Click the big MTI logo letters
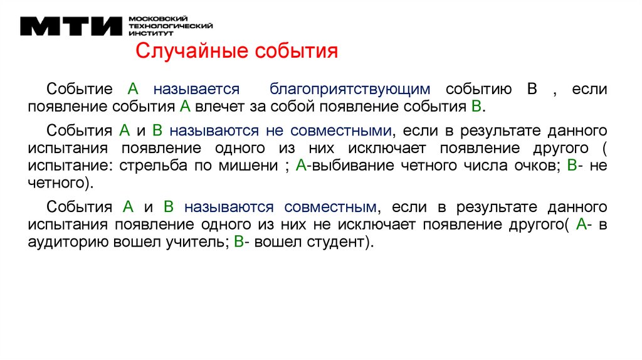click(71, 26)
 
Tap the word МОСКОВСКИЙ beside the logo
click(152, 19)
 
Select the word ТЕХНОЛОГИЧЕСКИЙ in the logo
click(170, 26)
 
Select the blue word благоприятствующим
click(351, 88)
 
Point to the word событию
click(479, 88)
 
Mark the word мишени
click(251, 166)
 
